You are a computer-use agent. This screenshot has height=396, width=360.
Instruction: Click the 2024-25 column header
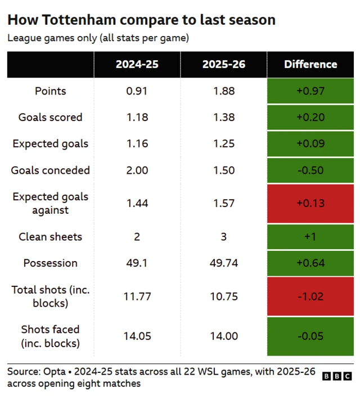pos(137,65)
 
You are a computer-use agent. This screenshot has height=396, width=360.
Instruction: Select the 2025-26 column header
pos(223,65)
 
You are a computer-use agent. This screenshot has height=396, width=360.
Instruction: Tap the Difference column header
pos(310,65)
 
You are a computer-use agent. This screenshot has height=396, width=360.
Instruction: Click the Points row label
pos(50,91)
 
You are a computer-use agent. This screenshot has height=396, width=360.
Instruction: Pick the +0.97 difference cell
pos(310,91)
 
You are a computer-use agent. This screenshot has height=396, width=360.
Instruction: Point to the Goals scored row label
pos(50,118)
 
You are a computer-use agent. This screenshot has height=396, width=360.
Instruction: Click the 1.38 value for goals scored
pos(223,118)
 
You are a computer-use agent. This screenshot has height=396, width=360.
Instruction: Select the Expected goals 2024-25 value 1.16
pos(137,143)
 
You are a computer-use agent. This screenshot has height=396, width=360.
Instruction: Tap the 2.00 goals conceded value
pos(137,170)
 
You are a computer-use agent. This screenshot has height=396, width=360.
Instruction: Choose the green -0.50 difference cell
pos(310,170)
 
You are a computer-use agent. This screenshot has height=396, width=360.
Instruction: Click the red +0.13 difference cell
pos(310,203)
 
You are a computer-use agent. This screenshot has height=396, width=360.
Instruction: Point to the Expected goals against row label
pos(50,203)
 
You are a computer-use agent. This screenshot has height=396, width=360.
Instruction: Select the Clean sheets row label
pos(50,237)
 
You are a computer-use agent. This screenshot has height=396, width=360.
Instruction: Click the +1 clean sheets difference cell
pos(310,237)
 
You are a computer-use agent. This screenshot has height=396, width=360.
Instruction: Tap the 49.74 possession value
pos(223,263)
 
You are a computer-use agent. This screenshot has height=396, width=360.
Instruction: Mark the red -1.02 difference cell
pos(310,296)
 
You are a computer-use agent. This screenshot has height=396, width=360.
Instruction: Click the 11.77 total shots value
pos(137,296)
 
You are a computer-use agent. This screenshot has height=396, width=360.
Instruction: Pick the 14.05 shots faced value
pos(137,336)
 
